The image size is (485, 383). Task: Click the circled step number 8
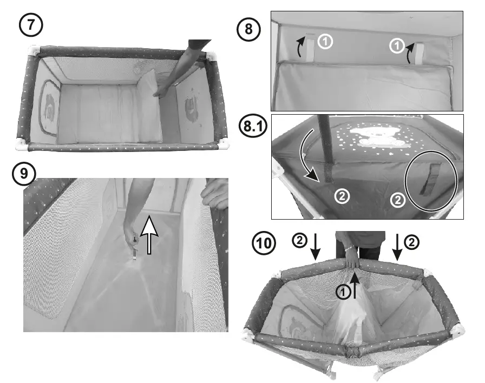tap(250, 29)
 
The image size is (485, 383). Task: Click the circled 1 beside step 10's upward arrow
tap(342, 292)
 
